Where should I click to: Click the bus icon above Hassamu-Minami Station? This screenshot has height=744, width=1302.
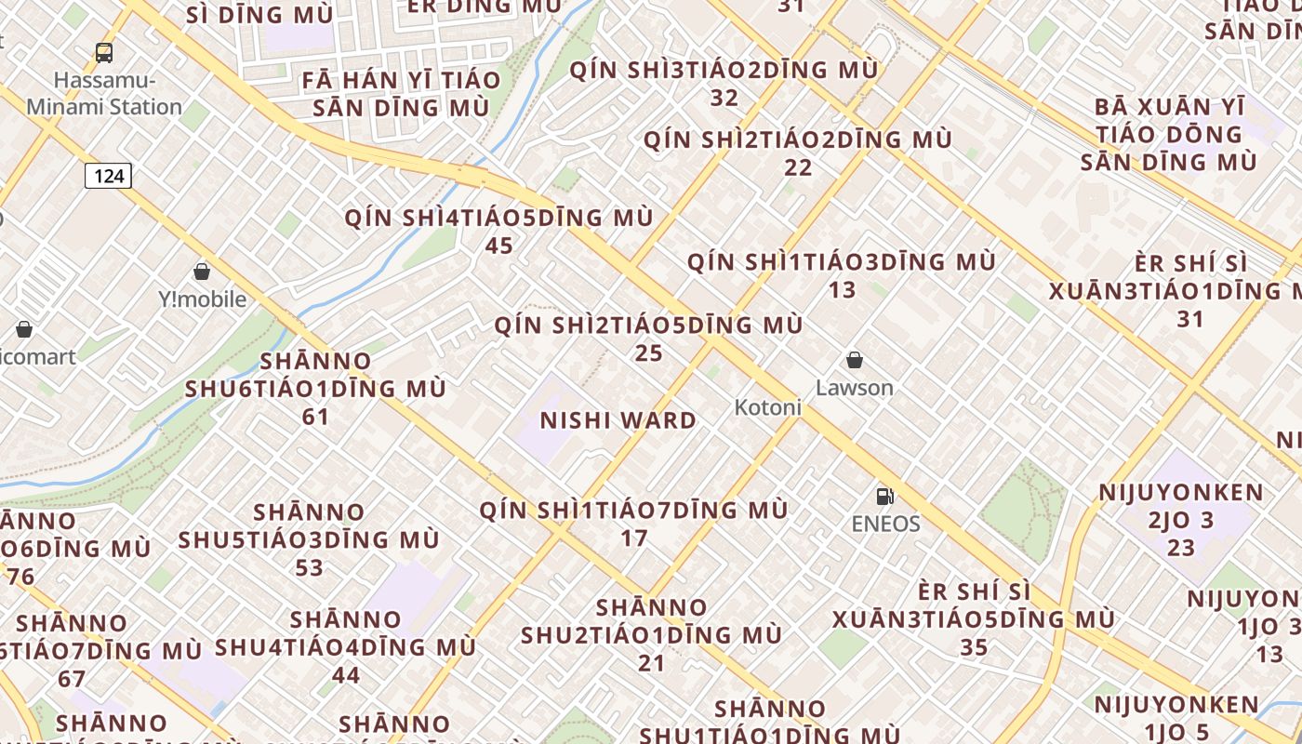(x=104, y=53)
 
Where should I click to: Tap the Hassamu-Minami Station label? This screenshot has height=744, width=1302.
(x=104, y=93)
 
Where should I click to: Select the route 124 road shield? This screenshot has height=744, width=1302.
(x=109, y=175)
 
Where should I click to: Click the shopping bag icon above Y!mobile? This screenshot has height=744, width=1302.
(x=202, y=272)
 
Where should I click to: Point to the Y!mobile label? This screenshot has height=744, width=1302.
(x=202, y=299)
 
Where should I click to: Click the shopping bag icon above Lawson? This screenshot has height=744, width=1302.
(x=854, y=360)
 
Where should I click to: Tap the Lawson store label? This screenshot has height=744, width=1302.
(x=854, y=387)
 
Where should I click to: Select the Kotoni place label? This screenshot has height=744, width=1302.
(x=767, y=407)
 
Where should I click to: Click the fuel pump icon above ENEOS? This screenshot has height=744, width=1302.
(x=885, y=497)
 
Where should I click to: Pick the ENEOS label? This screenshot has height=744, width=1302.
(x=885, y=524)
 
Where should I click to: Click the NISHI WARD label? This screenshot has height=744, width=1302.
(x=618, y=420)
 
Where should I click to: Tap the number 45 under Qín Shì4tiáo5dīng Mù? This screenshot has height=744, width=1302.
(x=499, y=246)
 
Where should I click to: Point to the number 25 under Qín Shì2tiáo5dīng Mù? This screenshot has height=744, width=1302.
(x=648, y=353)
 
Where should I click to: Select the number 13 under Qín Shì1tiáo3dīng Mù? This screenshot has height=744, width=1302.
(x=842, y=289)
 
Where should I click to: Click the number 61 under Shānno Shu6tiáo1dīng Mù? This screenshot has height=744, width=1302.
(x=315, y=417)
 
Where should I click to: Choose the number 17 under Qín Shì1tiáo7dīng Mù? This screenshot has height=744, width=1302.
(x=633, y=538)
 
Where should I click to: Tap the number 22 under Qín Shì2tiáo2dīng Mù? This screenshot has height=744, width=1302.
(x=798, y=167)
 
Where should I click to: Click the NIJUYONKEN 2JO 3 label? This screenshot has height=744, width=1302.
(x=1181, y=506)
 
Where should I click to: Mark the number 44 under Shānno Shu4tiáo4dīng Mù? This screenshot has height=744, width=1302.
(x=346, y=675)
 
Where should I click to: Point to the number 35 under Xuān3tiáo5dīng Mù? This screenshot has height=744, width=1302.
(x=973, y=647)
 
